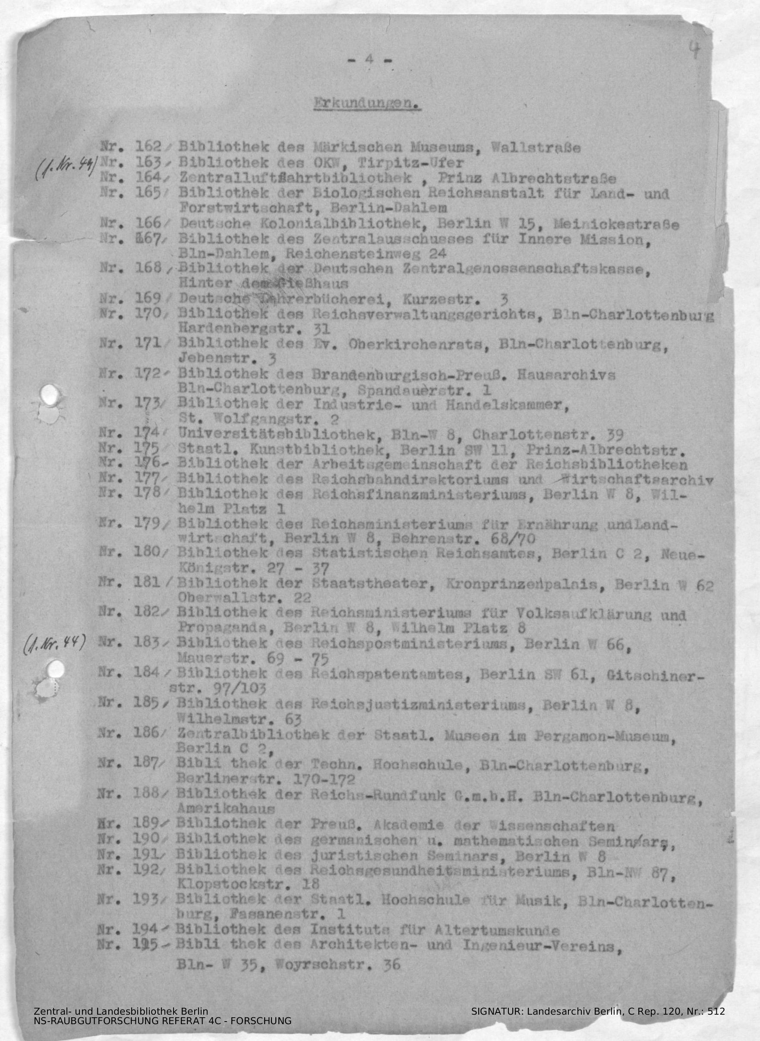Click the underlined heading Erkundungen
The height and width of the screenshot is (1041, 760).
(367, 104)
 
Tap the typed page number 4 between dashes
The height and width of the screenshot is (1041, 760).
(368, 60)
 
